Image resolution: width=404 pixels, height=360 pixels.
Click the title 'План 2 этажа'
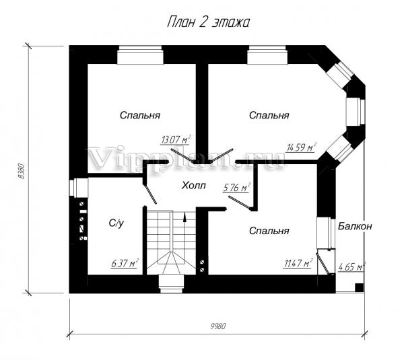[208, 22]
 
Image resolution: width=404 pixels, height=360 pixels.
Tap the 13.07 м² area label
[176, 140]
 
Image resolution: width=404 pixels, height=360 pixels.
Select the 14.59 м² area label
[302, 147]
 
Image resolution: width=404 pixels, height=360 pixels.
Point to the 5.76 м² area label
[237, 188]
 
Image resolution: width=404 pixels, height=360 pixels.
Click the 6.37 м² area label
[125, 263]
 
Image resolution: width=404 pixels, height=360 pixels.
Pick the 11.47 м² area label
[298, 263]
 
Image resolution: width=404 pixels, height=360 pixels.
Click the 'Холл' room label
[193, 185]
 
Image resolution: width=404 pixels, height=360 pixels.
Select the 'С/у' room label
[116, 223]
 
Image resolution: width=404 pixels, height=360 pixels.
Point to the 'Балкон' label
[355, 226]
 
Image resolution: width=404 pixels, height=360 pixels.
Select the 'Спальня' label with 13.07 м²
[140, 115]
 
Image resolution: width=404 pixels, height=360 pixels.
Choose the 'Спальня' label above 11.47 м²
[269, 231]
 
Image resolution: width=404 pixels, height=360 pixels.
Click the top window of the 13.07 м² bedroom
[140, 55]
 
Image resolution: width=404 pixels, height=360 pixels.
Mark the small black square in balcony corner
[359, 287]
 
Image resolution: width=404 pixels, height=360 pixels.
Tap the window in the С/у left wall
[79, 188]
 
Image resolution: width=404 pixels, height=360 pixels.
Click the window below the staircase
[171, 284]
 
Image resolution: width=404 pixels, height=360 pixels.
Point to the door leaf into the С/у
[149, 193]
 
